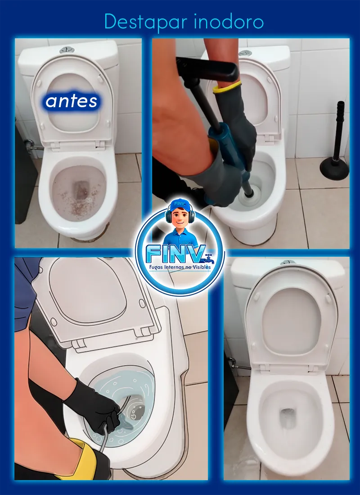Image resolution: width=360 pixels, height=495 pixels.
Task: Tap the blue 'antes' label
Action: [x=71, y=101]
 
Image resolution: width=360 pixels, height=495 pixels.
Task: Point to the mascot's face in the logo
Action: [x=180, y=218]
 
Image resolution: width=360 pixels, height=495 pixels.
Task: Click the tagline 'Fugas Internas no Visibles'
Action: [x=180, y=267]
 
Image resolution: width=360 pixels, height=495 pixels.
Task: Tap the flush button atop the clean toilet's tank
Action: [x=288, y=262]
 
